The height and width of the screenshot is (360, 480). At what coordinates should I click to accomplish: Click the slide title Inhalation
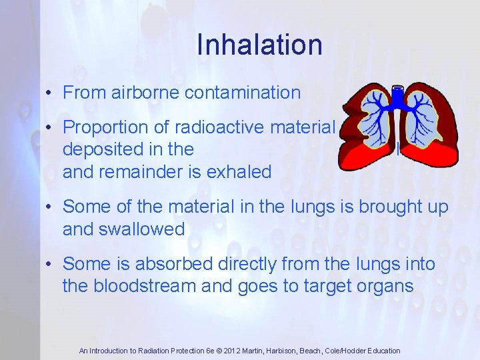pyautogui.click(x=259, y=45)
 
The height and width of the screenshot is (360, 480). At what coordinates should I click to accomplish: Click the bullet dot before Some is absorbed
pyautogui.click(x=49, y=265)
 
